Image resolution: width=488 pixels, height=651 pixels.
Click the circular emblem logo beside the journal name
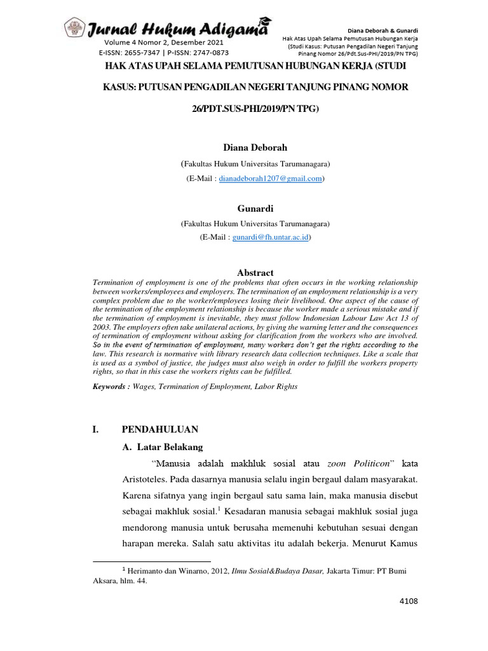coord(74,28)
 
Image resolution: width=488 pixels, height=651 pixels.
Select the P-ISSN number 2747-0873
coord(207,53)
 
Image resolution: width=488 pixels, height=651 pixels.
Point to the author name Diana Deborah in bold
coord(255,147)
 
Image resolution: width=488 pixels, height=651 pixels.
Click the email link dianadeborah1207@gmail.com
coord(270,179)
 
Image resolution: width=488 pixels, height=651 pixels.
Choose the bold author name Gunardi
coord(255,208)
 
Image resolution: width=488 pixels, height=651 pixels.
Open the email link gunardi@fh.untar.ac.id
coord(271,236)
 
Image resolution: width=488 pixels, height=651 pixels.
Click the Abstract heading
coord(255,272)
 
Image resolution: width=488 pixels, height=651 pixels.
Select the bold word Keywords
coord(111,386)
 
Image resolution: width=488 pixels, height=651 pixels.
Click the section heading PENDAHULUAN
coord(160,429)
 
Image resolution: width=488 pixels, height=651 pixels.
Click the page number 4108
coord(408,601)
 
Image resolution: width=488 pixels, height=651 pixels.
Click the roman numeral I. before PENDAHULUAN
coord(96,429)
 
